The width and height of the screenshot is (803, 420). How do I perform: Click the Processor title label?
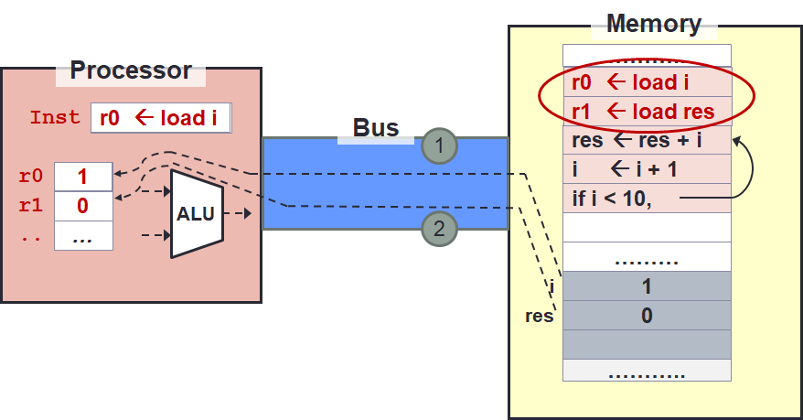[x=131, y=70]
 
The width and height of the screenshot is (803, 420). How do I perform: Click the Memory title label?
[x=653, y=25]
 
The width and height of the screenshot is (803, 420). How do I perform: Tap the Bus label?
[x=376, y=128]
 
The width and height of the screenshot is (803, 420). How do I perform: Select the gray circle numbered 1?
[x=439, y=145]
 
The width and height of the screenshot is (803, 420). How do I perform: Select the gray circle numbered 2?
[x=439, y=230]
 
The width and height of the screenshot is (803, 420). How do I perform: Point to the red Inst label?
[x=56, y=118]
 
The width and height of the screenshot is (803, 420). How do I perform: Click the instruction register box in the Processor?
[x=160, y=118]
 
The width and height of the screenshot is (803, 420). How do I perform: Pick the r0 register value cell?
[x=83, y=177]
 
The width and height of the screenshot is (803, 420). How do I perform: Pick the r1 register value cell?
[x=83, y=206]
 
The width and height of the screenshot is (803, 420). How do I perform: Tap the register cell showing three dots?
[x=83, y=235]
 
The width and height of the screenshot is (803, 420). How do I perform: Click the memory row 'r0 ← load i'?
[x=646, y=82]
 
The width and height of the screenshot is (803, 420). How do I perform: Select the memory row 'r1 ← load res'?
[x=646, y=112]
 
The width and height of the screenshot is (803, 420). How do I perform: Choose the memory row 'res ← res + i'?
[x=646, y=141]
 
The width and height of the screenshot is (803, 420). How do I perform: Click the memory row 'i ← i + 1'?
[x=646, y=169]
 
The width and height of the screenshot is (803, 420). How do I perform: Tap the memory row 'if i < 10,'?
[x=646, y=198]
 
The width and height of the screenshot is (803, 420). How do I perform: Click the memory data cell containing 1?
[x=647, y=286]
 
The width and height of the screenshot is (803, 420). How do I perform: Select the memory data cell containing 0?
[x=647, y=316]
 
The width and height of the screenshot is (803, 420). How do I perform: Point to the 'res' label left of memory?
[x=539, y=317]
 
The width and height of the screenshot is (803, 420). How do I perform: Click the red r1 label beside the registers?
[x=30, y=206]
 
